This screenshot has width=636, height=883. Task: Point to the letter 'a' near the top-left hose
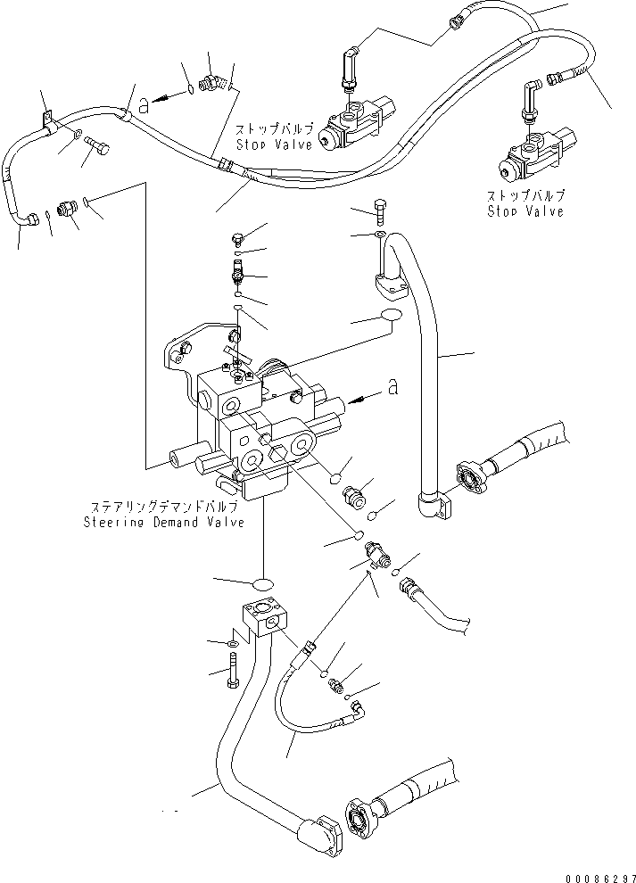pos(142,106)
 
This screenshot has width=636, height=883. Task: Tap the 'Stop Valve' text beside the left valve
pos(275,144)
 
